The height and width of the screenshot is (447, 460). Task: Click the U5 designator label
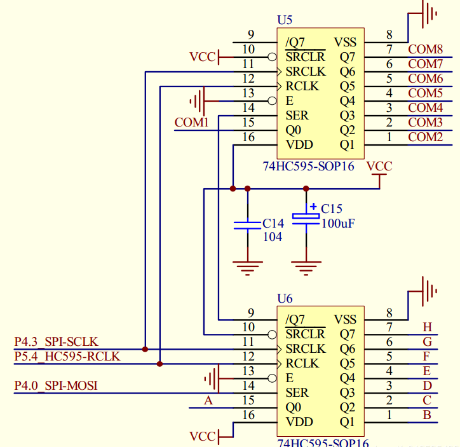(285, 20)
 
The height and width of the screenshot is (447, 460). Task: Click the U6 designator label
(285, 298)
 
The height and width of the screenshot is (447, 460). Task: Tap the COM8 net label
(426, 50)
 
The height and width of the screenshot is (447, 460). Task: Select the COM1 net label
(191, 122)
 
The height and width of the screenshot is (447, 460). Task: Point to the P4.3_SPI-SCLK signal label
(57, 341)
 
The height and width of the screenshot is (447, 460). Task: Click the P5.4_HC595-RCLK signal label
(67, 356)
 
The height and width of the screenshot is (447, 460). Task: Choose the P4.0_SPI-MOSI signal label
(56, 385)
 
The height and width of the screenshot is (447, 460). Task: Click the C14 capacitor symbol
(247, 226)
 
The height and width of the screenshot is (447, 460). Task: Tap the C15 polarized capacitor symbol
(306, 217)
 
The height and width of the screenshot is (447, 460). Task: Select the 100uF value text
(338, 224)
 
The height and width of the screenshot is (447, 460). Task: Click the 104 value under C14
(273, 237)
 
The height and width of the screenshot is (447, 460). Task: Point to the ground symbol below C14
(247, 268)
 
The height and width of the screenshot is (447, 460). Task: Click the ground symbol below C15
(306, 268)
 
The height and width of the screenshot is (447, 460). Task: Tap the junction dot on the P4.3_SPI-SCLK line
(145, 349)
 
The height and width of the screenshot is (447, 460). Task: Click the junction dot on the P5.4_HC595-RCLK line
(159, 364)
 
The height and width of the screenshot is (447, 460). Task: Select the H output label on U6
(427, 327)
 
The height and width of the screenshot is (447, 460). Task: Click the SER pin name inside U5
(297, 116)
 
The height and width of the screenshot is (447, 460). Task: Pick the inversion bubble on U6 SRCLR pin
(272, 334)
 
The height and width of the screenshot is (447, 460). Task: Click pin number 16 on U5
(248, 137)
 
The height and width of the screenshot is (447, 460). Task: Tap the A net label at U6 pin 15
(208, 401)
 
